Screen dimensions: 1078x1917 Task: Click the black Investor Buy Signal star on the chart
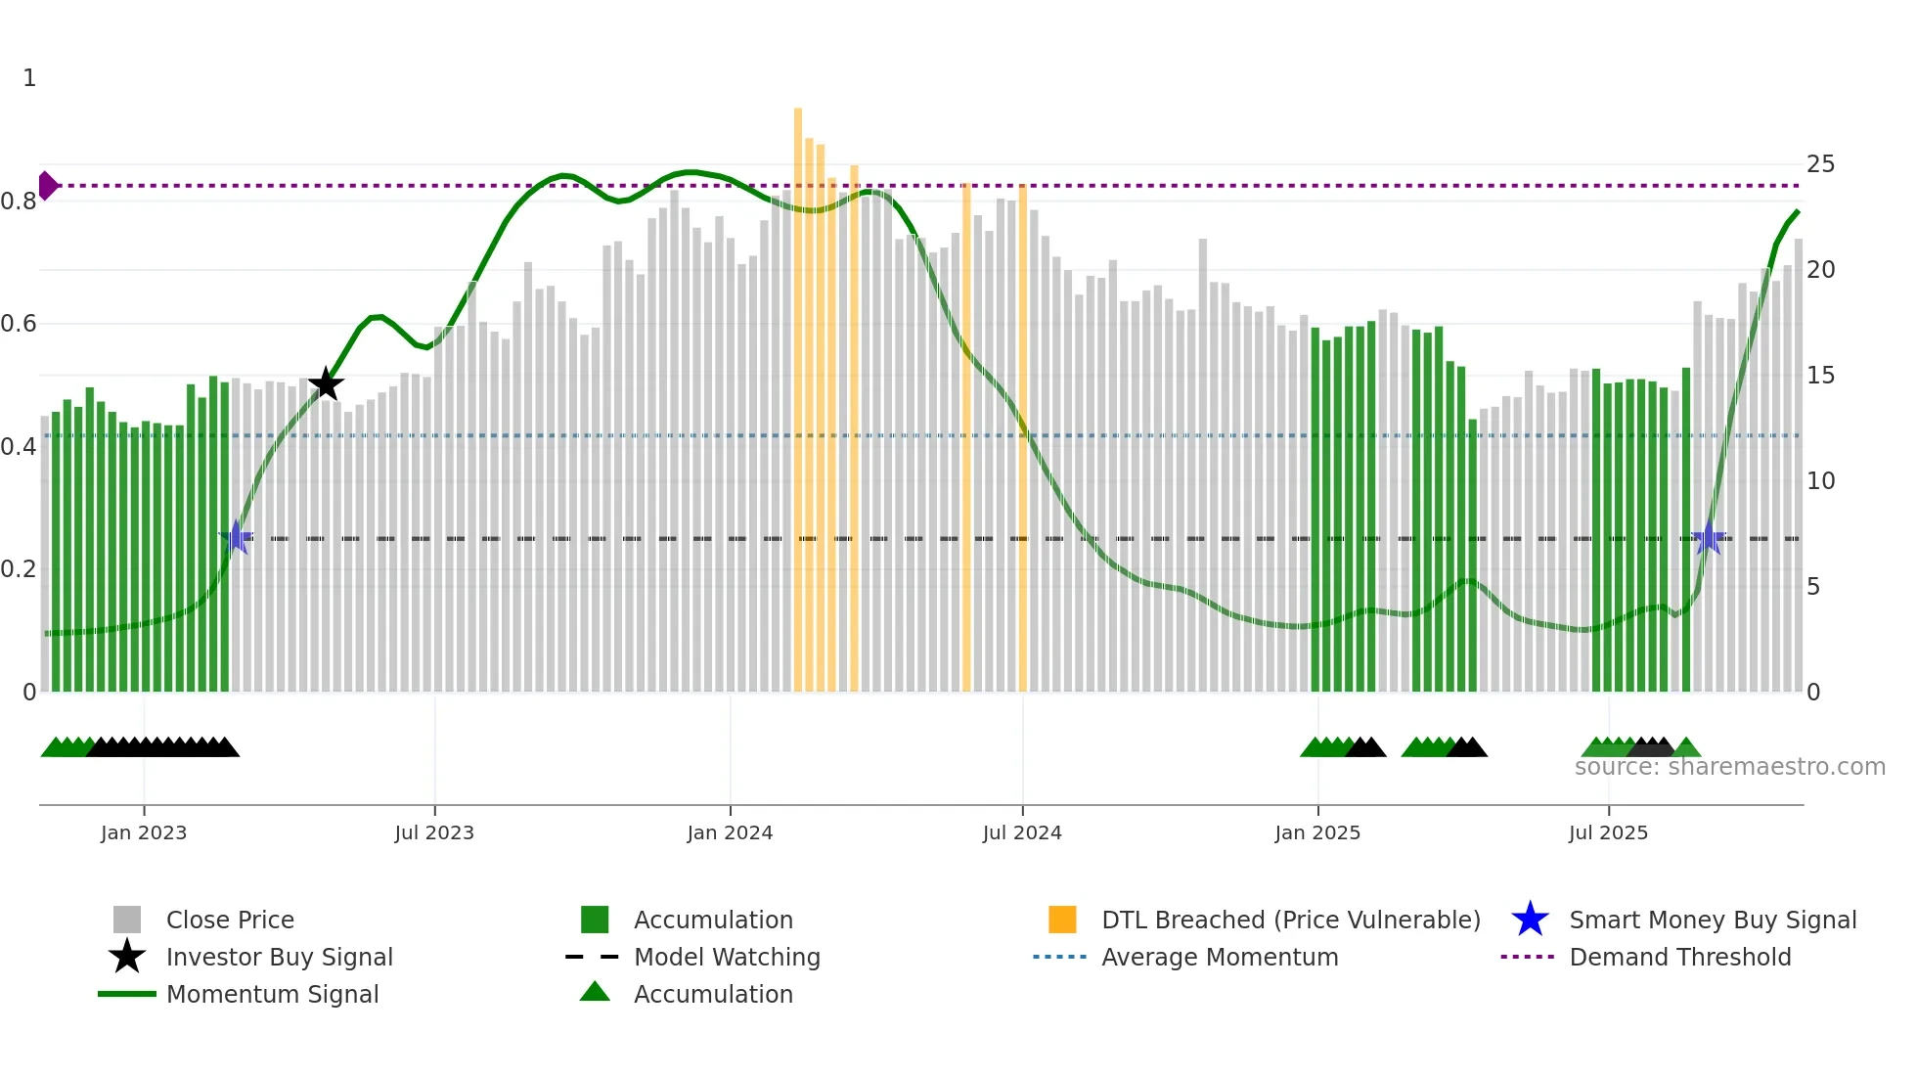click(x=326, y=384)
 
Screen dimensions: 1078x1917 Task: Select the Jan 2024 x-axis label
click(x=730, y=832)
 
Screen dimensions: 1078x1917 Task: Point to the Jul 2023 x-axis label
click(x=434, y=832)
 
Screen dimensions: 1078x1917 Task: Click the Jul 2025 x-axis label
click(x=1608, y=832)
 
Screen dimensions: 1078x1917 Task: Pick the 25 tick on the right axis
click(x=1820, y=164)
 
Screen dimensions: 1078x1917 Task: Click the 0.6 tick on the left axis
click(x=20, y=324)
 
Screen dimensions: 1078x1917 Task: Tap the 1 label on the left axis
click(x=29, y=78)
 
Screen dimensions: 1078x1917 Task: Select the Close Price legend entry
click(x=230, y=920)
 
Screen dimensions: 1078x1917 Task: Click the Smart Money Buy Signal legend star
click(x=1530, y=920)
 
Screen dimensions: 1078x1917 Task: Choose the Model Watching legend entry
click(x=727, y=957)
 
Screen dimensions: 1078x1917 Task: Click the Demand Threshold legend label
click(x=1679, y=957)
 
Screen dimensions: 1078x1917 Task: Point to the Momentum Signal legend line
click(x=127, y=994)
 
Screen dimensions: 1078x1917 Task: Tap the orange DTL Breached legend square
click(x=1062, y=920)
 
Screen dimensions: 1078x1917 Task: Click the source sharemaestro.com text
click(x=1729, y=767)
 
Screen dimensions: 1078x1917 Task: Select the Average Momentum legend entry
click(x=1219, y=957)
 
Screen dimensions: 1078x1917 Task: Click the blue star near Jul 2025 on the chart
click(x=1708, y=538)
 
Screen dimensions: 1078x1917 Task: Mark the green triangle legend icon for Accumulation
click(x=595, y=993)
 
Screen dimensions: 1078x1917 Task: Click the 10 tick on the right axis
click(x=1820, y=481)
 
